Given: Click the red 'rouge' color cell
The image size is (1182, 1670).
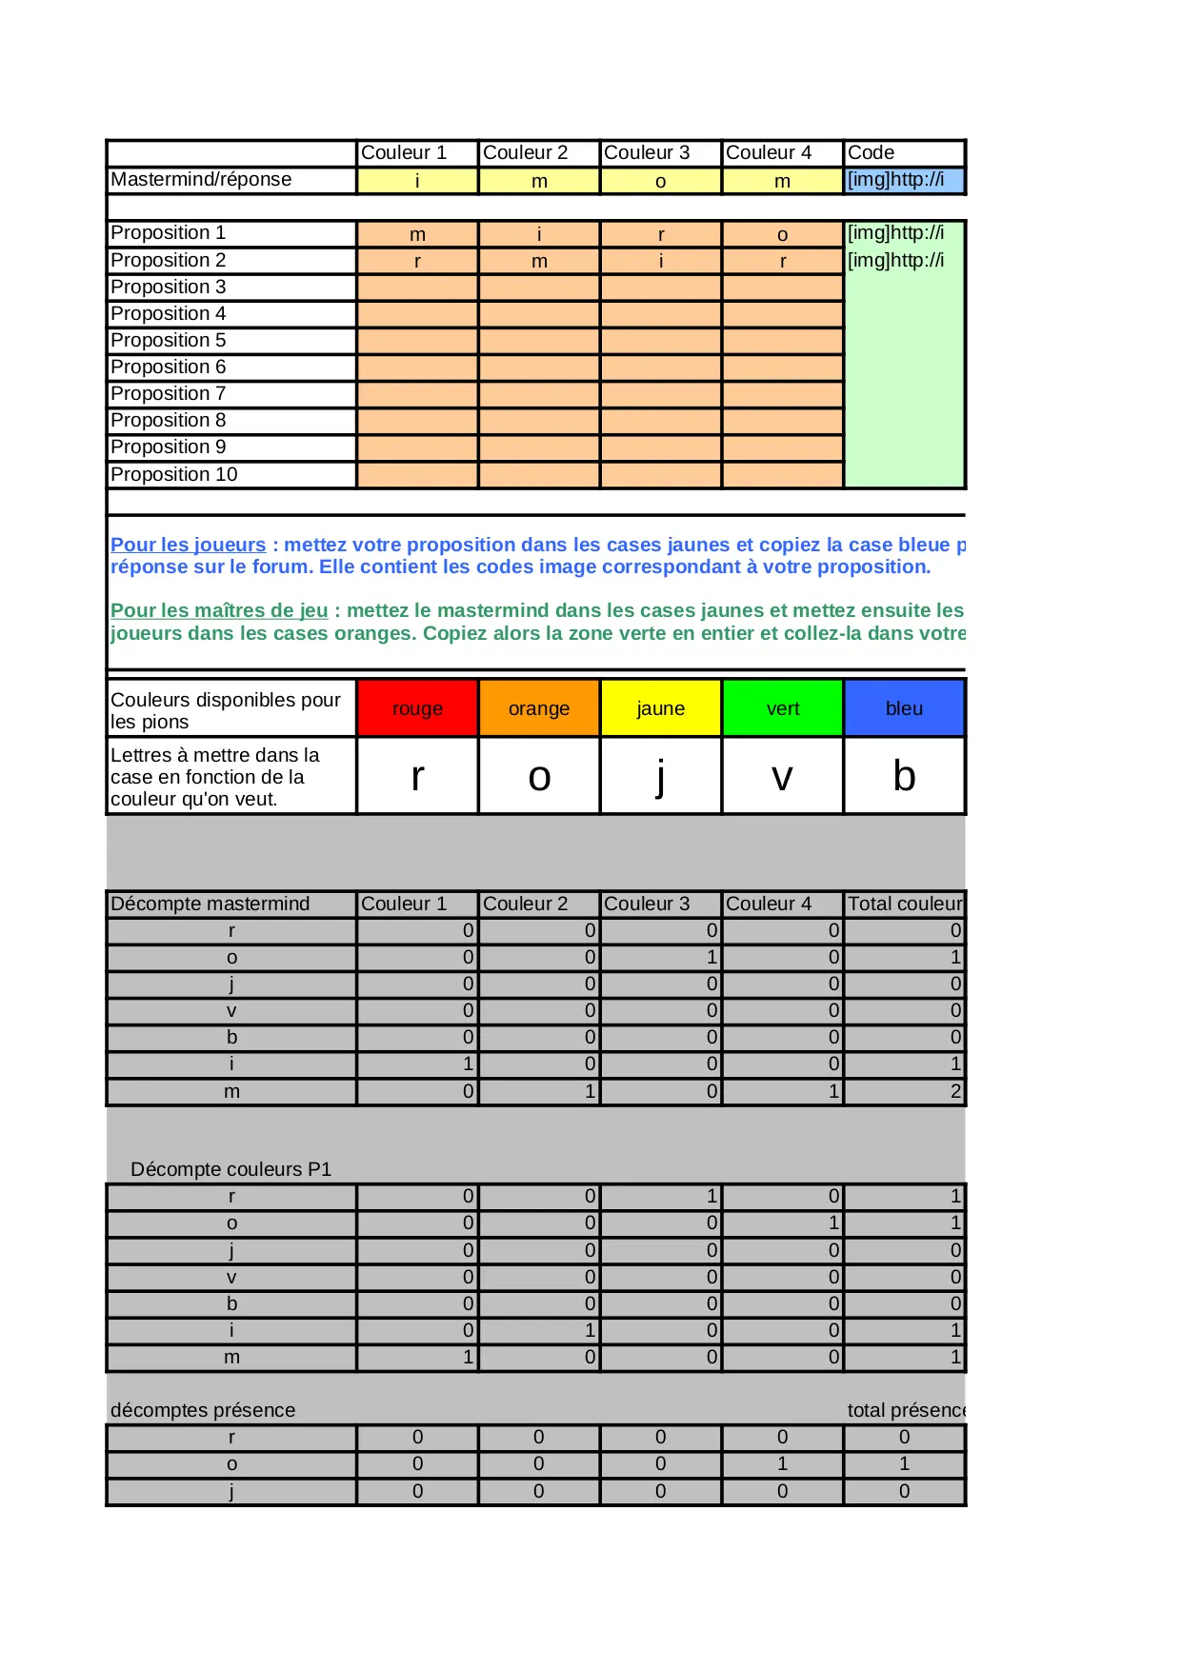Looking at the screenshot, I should click(417, 708).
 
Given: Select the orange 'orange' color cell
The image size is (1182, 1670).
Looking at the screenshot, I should click(539, 708).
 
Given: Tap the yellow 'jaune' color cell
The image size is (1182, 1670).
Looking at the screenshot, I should click(661, 708).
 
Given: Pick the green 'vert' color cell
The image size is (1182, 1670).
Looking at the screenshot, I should click(783, 708).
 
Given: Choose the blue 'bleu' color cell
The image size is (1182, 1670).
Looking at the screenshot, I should click(904, 708).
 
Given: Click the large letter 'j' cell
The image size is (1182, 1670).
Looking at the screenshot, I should click(661, 777).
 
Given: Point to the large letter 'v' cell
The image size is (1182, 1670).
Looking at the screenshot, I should click(783, 777).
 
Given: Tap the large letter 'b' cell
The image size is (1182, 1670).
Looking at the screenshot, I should click(904, 777).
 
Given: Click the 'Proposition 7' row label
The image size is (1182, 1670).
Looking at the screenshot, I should click(169, 393).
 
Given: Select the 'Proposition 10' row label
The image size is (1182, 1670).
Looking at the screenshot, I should click(174, 474).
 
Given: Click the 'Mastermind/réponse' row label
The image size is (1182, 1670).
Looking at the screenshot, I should click(201, 180).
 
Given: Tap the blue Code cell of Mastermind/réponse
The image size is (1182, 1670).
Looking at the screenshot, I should click(904, 180).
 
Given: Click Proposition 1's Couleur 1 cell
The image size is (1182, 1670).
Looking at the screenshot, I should click(417, 234).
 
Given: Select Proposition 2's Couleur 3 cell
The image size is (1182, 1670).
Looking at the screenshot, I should click(661, 261).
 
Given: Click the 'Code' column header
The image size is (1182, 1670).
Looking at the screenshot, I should click(871, 152).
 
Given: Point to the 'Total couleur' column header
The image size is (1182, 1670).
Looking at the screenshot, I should click(904, 904).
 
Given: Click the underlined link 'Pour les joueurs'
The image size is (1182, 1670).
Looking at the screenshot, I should click(188, 545).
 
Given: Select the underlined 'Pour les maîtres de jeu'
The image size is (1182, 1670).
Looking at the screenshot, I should click(219, 610).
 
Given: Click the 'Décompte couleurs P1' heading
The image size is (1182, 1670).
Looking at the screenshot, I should click(230, 1169).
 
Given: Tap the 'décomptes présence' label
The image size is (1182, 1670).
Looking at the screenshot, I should click(203, 1410).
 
